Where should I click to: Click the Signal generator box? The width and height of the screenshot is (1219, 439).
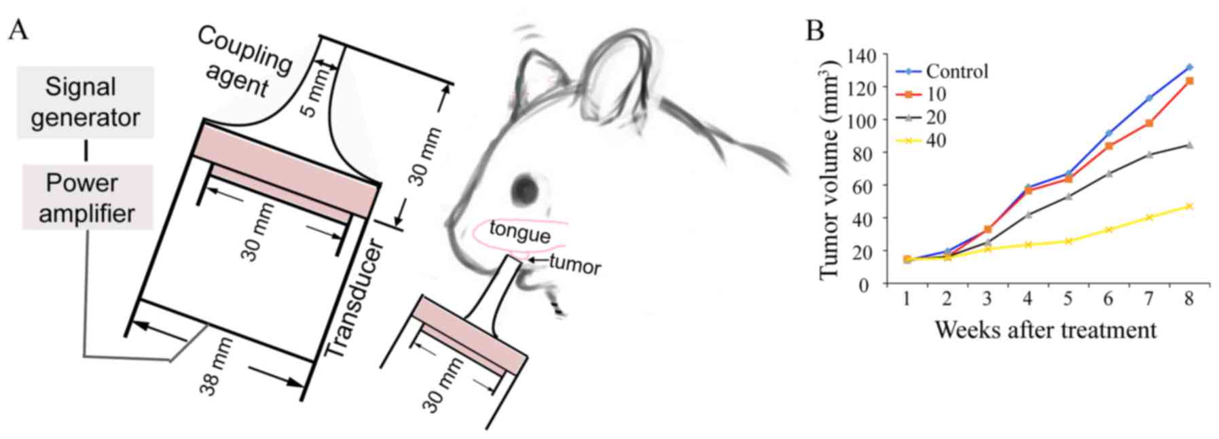(x=85, y=102)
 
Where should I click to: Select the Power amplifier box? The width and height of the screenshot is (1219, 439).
(x=87, y=198)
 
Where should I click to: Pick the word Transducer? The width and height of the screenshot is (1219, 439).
(x=354, y=299)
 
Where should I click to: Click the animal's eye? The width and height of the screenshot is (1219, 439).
(x=524, y=188)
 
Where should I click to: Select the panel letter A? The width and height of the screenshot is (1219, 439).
(x=18, y=31)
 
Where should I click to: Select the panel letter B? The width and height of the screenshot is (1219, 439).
(x=815, y=31)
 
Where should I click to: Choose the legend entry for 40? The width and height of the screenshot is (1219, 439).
(x=936, y=140)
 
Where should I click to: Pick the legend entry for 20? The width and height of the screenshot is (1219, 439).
(x=936, y=118)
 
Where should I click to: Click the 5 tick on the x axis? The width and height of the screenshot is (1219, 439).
(x=1068, y=299)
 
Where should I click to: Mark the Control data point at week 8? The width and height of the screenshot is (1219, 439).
(x=1189, y=67)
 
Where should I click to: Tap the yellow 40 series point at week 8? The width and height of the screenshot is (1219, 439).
(x=1189, y=206)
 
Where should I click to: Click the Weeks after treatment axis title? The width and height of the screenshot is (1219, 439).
(x=1045, y=330)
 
